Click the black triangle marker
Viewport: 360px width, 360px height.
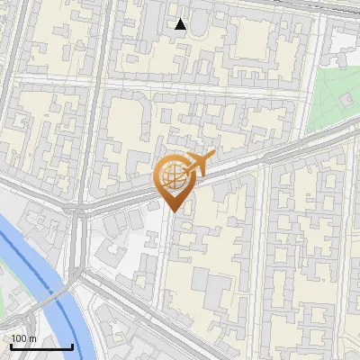point(181,24)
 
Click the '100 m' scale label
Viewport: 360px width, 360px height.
point(24,337)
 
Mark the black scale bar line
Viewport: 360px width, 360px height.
point(41,346)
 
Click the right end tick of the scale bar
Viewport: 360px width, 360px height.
point(72,345)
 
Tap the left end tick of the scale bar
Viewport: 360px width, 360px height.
point(11,345)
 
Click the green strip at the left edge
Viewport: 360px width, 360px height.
point(3,306)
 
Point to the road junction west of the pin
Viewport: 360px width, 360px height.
point(76,211)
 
